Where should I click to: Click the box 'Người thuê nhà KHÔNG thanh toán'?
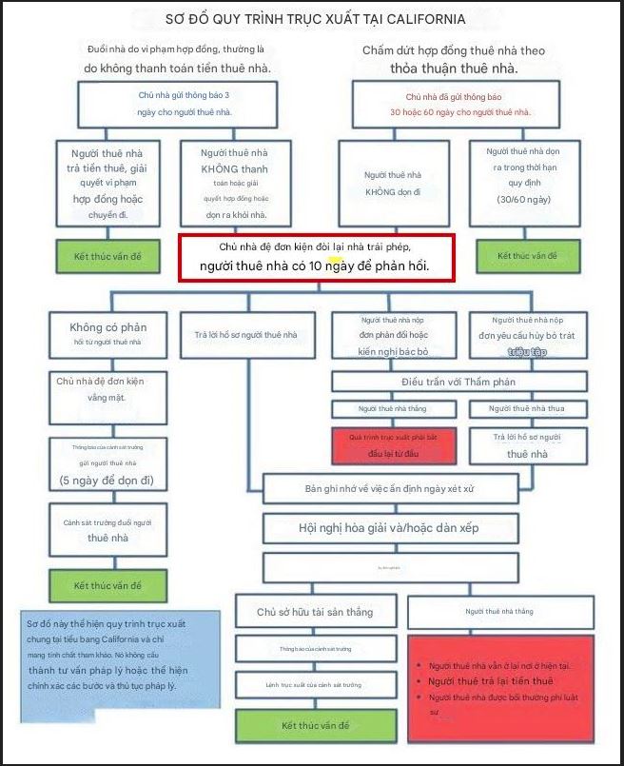[x=234, y=184]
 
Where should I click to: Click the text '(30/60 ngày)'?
[x=523, y=200]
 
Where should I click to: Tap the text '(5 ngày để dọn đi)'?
[x=107, y=479]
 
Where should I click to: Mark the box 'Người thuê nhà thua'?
[x=525, y=408]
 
